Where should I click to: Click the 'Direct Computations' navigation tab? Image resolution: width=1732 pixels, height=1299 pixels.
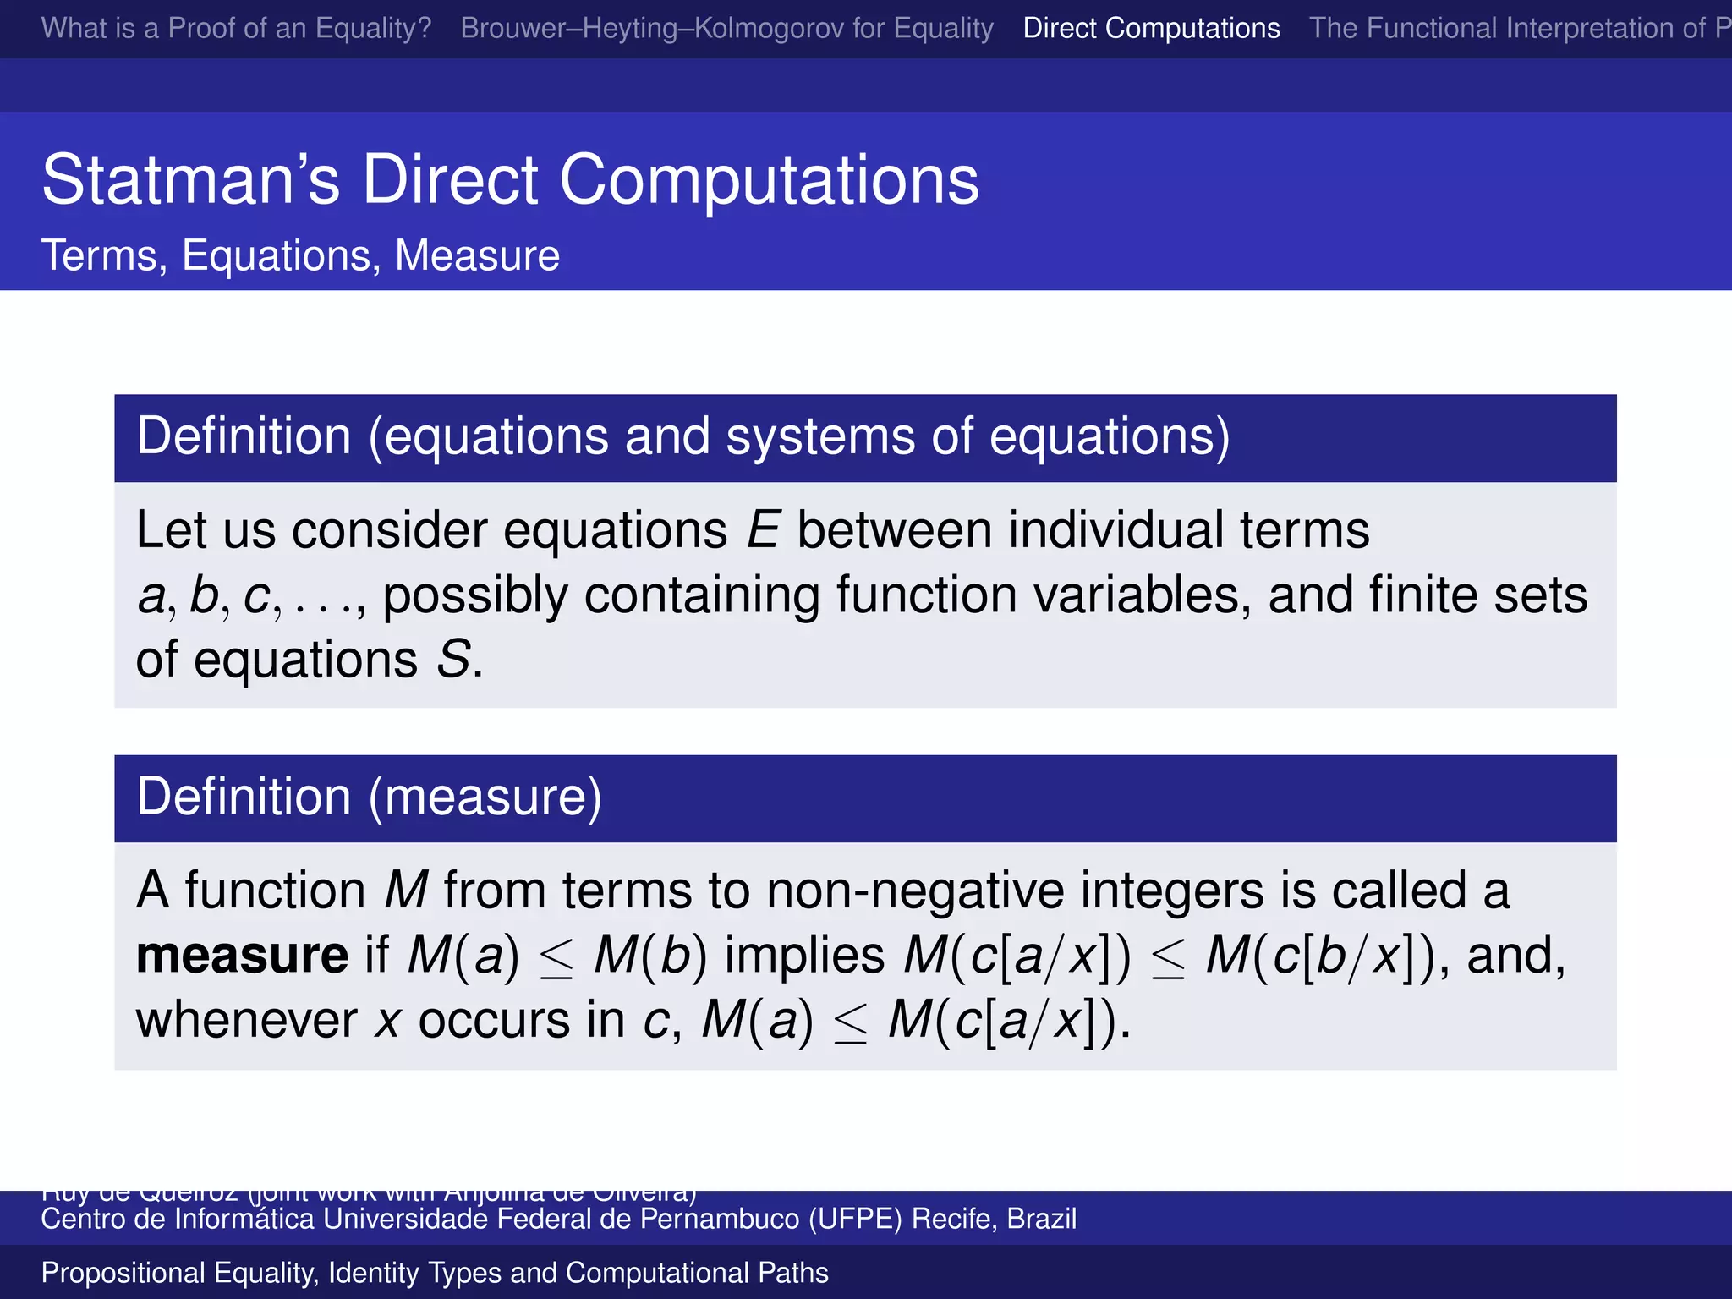click(1151, 28)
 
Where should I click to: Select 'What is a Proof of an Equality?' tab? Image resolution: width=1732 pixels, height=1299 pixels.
click(236, 28)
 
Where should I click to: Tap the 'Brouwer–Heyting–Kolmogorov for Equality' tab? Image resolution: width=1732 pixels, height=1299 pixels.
click(726, 28)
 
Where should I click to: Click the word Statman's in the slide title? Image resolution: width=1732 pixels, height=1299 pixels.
click(190, 180)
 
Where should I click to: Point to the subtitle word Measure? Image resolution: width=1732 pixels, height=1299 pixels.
click(477, 255)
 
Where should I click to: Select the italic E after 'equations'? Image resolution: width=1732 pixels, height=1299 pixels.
click(762, 531)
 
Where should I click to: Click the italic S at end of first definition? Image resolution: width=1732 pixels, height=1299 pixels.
click(453, 660)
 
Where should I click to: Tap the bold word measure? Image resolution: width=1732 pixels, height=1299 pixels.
click(242, 956)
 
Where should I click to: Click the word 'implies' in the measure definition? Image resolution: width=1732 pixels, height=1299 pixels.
click(804, 956)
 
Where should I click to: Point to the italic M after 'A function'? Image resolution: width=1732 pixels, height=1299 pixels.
click(406, 891)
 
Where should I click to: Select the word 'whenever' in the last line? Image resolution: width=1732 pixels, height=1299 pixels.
click(246, 1020)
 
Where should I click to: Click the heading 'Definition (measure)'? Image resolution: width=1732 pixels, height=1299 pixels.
click(369, 797)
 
